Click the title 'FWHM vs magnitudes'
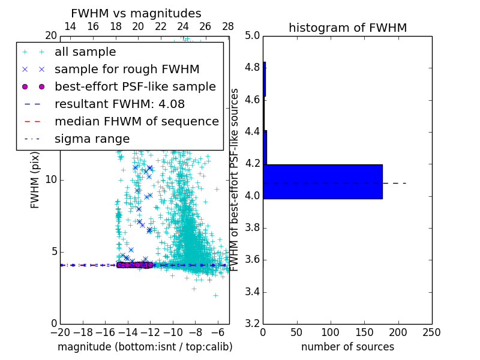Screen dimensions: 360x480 tap(136, 13)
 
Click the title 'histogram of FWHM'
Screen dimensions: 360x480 tap(347, 28)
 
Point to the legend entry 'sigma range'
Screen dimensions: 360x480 tap(92, 139)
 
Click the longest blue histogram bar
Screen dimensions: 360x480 tap(322, 181)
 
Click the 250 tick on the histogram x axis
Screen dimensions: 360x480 tap(431, 332)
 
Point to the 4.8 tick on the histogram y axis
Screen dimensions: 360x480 tap(252, 67)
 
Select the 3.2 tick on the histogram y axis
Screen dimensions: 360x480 tap(252, 324)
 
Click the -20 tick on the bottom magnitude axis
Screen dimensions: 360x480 tap(60, 332)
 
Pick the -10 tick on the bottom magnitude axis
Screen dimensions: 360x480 tap(173, 332)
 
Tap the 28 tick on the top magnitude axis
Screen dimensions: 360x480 tap(228, 26)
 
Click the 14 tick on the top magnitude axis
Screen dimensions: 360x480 tap(70, 26)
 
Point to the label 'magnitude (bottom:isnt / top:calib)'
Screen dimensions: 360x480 tap(145, 347)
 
